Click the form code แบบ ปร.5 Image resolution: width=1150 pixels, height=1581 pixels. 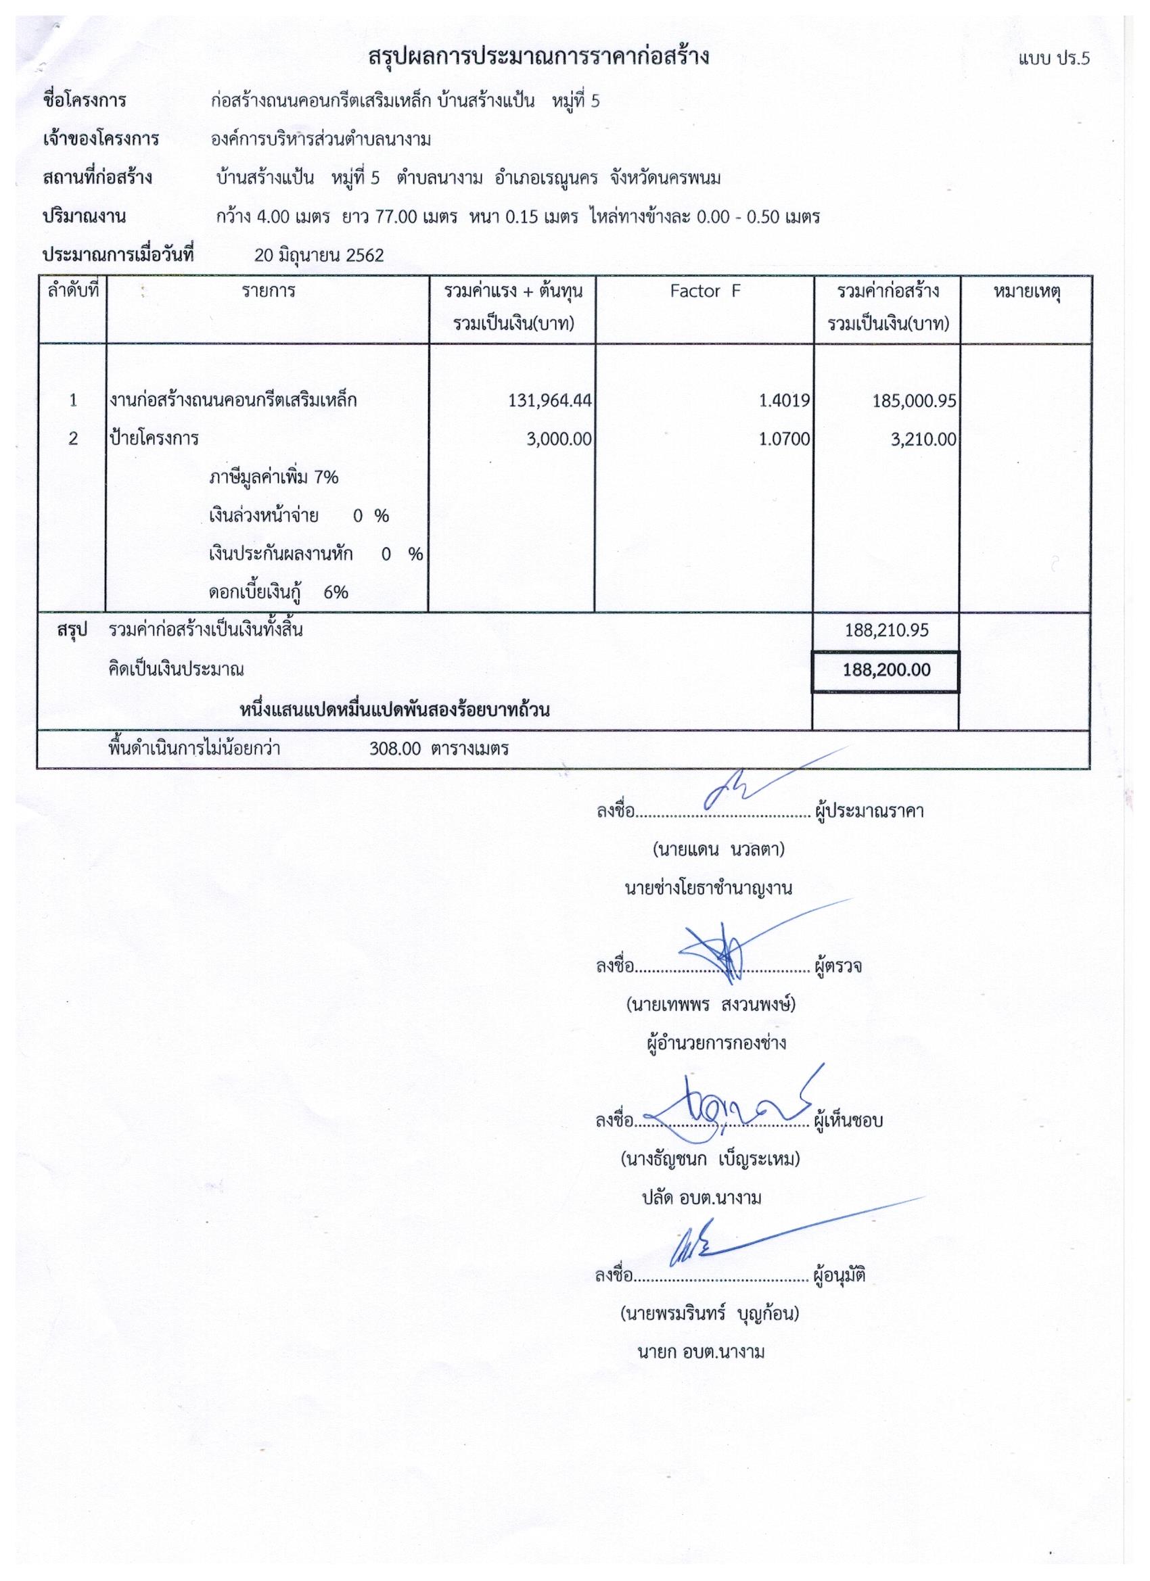pyautogui.click(x=1053, y=60)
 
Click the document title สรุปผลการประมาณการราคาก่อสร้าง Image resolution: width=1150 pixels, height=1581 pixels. pyautogui.click(x=538, y=57)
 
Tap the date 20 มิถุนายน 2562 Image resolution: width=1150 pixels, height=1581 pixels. pyautogui.click(x=319, y=255)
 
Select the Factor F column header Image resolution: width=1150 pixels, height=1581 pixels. pyautogui.click(x=704, y=291)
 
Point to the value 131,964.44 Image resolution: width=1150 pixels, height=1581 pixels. pyautogui.click(x=551, y=401)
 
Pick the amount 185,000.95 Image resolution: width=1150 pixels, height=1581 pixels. pyautogui.click(x=914, y=401)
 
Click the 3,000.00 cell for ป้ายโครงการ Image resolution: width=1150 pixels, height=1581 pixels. pyautogui.click(x=559, y=439)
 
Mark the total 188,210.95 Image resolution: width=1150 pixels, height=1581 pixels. pyautogui.click(x=885, y=630)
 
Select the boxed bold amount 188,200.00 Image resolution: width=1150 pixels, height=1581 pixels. pyautogui.click(x=885, y=670)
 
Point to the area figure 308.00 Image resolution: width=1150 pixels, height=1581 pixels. pyautogui.click(x=396, y=749)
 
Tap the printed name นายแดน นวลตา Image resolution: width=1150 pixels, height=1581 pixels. pyautogui.click(x=718, y=850)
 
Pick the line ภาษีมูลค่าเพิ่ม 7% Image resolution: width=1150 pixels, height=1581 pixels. pyautogui.click(x=273, y=477)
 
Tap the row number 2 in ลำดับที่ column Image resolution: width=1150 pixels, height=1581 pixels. pyautogui.click(x=72, y=439)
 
